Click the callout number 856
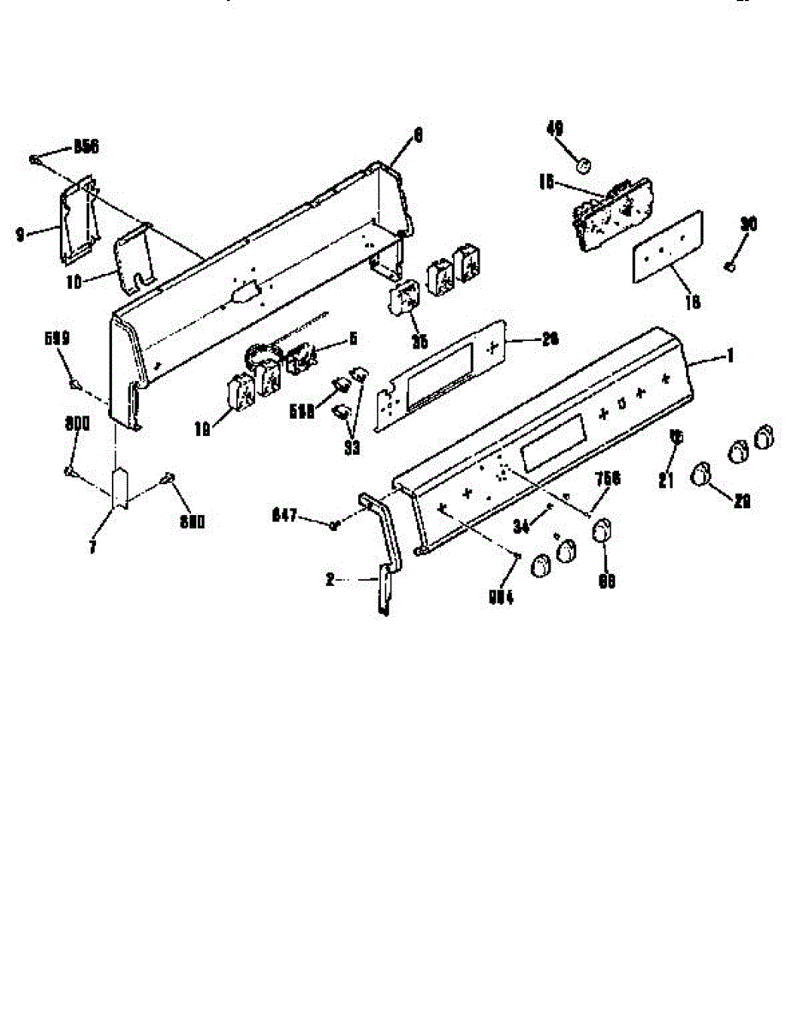click(x=86, y=146)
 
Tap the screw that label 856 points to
click(x=33, y=158)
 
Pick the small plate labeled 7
click(x=120, y=487)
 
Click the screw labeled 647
click(x=335, y=523)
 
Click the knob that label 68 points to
click(x=603, y=530)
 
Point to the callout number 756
click(x=609, y=479)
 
